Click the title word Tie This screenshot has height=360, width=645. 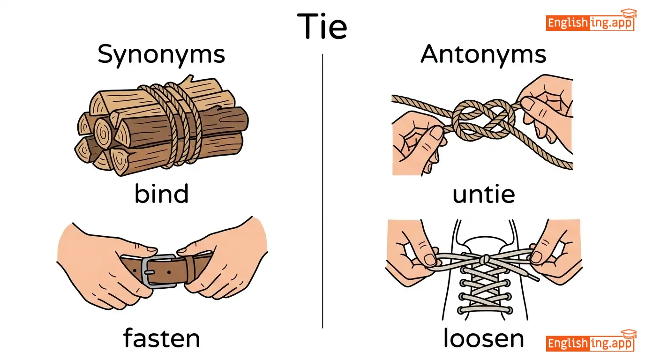322,26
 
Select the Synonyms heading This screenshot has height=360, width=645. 161,55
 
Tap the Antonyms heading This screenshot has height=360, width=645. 483,55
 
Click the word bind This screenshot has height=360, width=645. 161,193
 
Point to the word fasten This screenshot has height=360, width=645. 161,337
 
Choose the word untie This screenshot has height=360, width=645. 483,193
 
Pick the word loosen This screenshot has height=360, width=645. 483,338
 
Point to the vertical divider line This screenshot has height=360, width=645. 322,187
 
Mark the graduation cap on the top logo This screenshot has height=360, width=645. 628,13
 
